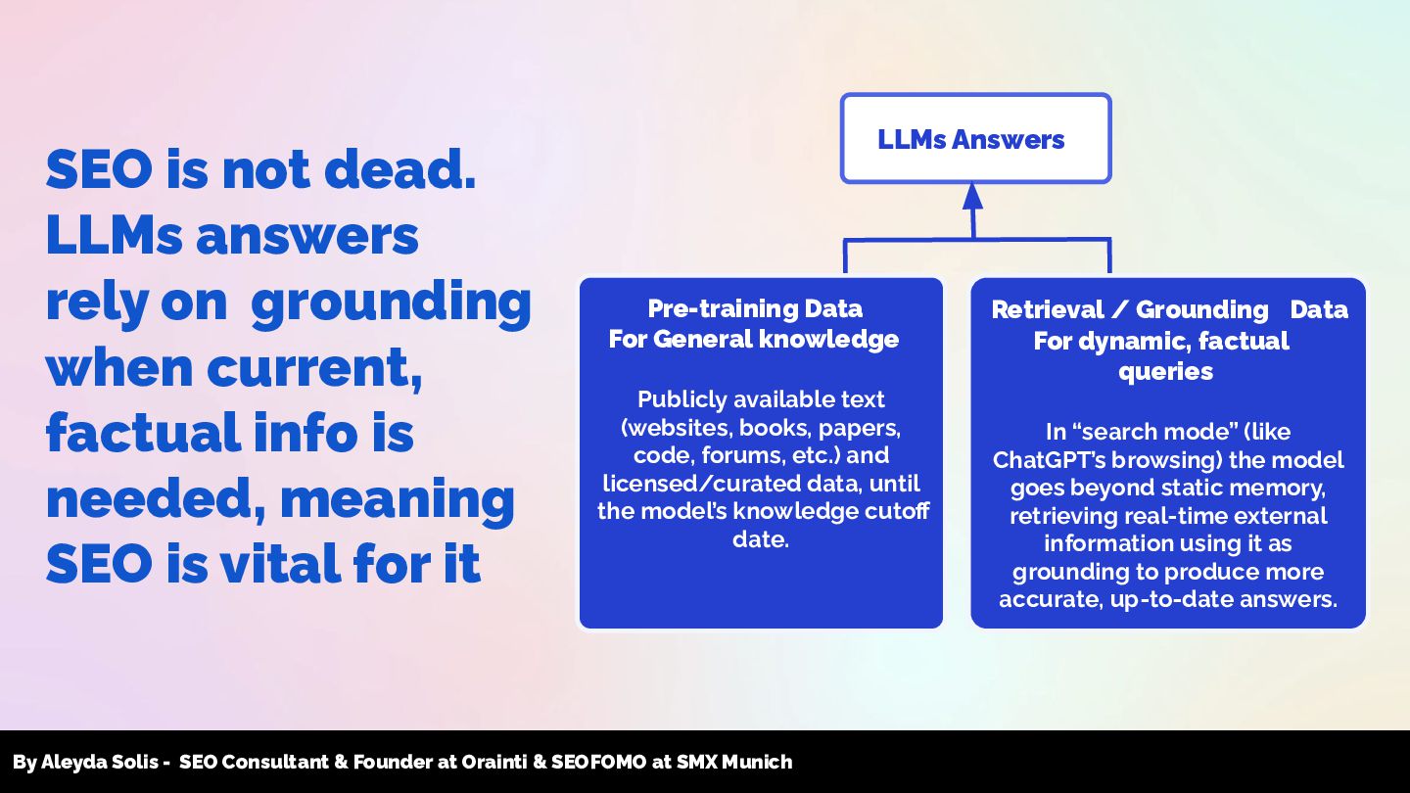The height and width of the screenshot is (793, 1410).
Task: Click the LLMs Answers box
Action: point(975,139)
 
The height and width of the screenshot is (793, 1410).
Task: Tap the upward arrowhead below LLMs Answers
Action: point(972,197)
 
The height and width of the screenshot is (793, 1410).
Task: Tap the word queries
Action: point(1165,371)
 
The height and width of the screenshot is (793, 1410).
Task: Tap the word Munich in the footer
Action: point(757,762)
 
